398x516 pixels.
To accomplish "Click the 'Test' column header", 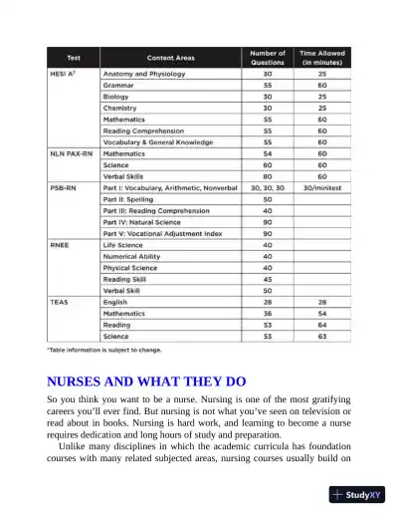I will (73, 58).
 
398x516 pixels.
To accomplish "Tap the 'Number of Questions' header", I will (267, 58).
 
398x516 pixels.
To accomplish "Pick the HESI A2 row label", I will (64, 75).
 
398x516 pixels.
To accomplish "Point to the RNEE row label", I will (60, 244).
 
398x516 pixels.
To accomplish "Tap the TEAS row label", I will (59, 301).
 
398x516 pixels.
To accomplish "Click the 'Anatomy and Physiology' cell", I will (145, 75).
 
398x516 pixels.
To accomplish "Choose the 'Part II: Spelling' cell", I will (131, 198).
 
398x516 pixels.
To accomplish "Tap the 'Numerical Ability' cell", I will (137, 256).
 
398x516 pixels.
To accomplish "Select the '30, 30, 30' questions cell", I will (267, 187).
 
